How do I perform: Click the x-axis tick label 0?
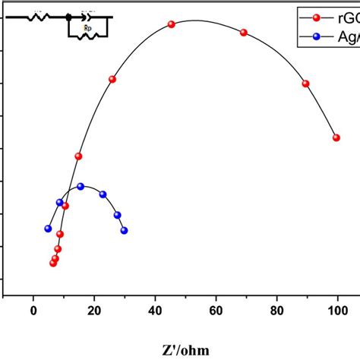click(x=33, y=310)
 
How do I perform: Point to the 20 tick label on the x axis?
click(x=94, y=310)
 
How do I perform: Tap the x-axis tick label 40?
click(x=155, y=310)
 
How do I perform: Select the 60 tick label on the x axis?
click(x=216, y=310)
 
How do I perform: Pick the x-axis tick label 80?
click(x=276, y=310)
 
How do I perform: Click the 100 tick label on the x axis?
click(x=336, y=310)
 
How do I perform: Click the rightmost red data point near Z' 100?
click(x=336, y=137)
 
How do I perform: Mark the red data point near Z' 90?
click(x=306, y=84)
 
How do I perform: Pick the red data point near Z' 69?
click(x=244, y=33)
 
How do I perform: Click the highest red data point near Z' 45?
click(x=172, y=24)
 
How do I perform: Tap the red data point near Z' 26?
click(x=112, y=79)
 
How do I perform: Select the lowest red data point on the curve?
click(x=53, y=264)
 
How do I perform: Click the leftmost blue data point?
click(x=48, y=228)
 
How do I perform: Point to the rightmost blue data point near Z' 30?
click(x=125, y=230)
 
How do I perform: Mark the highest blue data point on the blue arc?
click(x=81, y=186)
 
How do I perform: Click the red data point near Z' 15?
click(x=78, y=156)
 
